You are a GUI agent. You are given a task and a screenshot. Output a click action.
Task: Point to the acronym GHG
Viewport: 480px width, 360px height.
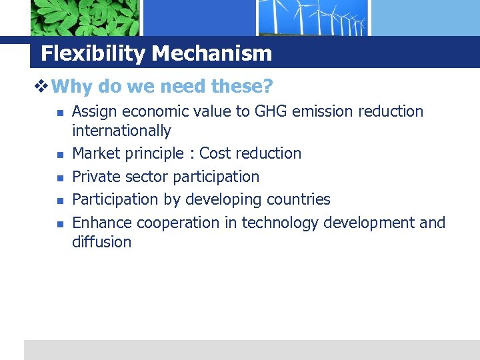(x=272, y=111)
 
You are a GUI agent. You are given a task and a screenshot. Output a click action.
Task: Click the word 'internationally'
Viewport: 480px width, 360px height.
(x=121, y=131)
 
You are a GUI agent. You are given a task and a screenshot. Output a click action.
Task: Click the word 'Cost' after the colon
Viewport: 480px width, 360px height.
(x=215, y=153)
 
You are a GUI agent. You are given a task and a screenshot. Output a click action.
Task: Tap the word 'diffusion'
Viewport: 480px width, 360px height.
(x=101, y=242)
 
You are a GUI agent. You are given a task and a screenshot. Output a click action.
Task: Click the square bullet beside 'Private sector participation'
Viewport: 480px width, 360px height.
(x=58, y=178)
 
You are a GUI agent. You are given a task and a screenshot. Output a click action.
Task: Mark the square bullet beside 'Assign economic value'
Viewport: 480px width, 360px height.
(x=58, y=113)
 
